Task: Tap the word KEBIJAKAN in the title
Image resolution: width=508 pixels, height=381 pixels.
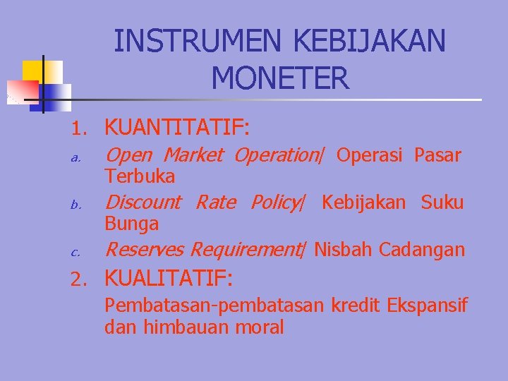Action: [369, 40]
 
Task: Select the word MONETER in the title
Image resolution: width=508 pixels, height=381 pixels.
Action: [280, 78]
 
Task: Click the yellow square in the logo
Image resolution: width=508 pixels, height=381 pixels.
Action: [42, 72]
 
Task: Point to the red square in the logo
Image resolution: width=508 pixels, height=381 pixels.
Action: [23, 92]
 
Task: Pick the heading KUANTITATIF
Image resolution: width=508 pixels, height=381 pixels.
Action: [177, 127]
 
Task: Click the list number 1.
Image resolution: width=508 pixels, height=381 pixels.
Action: [79, 128]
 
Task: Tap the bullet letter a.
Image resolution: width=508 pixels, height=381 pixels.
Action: [75, 158]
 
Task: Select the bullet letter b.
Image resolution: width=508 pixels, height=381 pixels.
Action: [75, 205]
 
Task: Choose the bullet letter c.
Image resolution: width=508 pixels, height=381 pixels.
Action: [75, 253]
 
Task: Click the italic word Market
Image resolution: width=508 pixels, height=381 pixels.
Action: [193, 155]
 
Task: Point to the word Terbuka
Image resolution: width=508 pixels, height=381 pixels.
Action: [140, 176]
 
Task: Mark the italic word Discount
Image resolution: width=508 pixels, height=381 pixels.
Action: [143, 202]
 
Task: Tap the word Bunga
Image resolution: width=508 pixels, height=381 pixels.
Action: [131, 224]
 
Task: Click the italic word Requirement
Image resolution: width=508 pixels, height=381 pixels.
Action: [246, 250]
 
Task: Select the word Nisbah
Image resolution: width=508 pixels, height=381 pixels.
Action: [343, 250]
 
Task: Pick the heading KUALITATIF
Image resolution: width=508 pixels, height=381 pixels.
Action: [169, 278]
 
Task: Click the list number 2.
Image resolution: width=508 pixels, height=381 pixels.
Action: [79, 279]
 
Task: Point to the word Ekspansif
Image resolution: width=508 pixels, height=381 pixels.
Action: [428, 306]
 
